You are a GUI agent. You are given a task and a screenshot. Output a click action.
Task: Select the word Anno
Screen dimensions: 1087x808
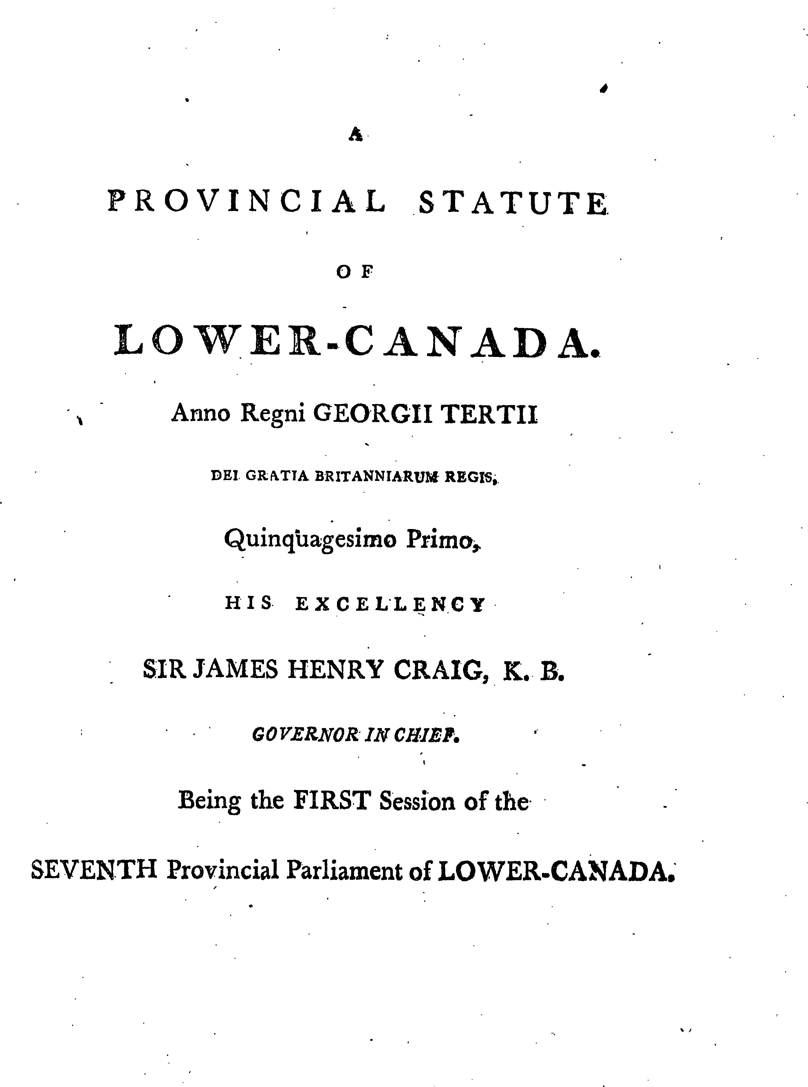click(x=201, y=413)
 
